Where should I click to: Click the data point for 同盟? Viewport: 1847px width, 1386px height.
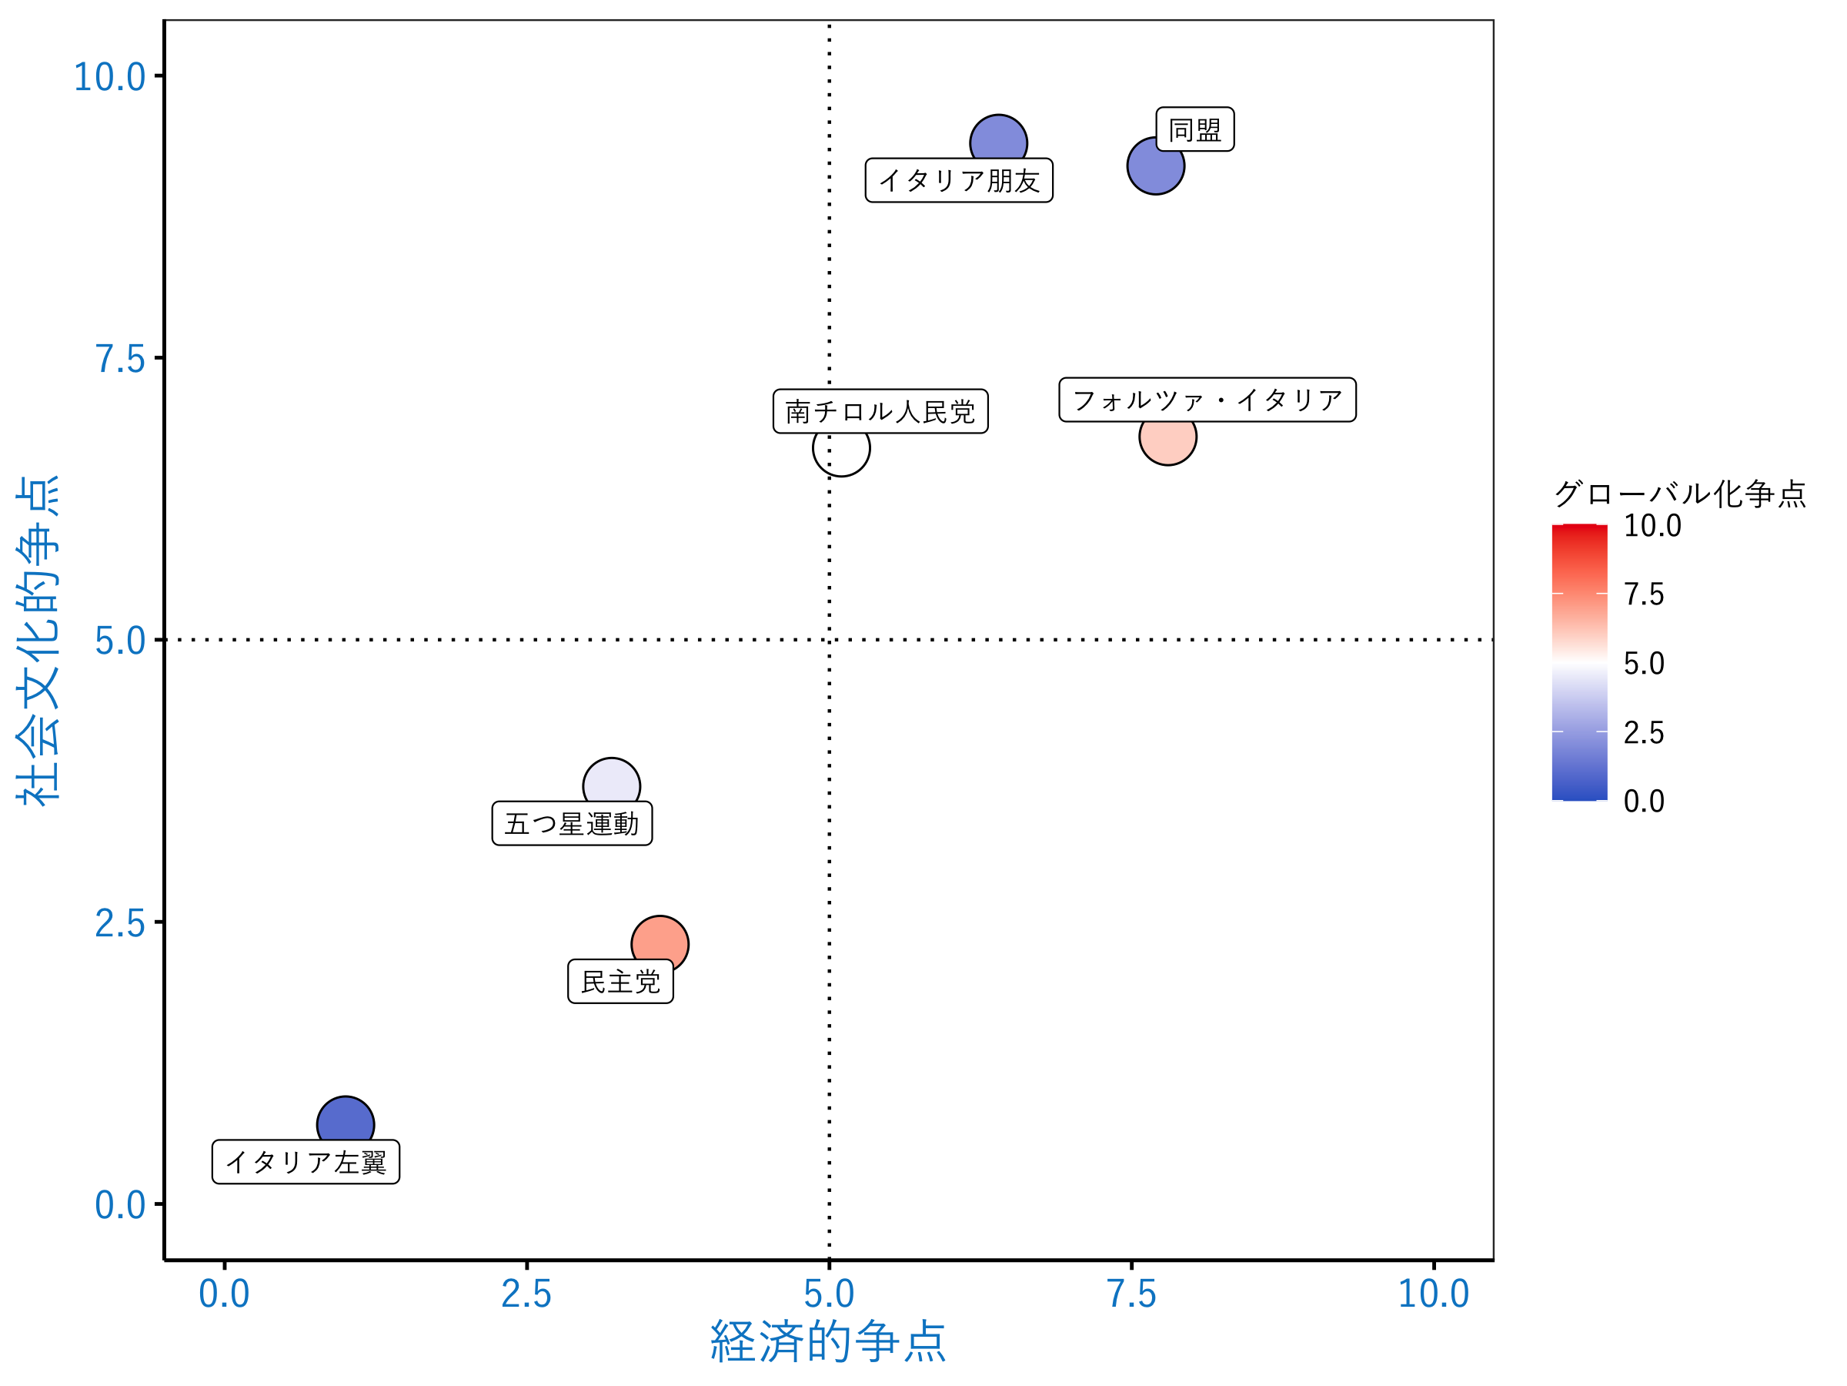(x=1155, y=167)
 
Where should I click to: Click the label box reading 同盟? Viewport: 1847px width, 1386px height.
(x=1194, y=129)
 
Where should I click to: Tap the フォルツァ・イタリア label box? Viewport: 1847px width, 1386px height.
(x=1207, y=400)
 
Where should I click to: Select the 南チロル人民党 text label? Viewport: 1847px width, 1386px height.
(x=880, y=411)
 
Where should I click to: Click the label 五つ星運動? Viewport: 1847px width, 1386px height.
(x=572, y=824)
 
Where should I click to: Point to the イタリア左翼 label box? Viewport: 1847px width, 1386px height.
(x=306, y=1162)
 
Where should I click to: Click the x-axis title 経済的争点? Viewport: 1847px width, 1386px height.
(x=827, y=1341)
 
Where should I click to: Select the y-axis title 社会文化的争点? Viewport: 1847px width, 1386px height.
(x=38, y=640)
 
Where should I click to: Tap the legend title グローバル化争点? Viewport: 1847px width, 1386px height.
(x=1680, y=494)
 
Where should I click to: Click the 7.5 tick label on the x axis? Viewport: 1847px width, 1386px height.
(x=1131, y=1294)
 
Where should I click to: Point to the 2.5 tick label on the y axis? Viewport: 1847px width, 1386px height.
(x=119, y=923)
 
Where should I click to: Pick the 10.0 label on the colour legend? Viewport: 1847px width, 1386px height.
(x=1652, y=525)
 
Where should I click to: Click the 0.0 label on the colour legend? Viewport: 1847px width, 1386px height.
(x=1643, y=802)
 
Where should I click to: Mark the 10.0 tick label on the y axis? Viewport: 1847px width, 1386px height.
(x=109, y=77)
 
